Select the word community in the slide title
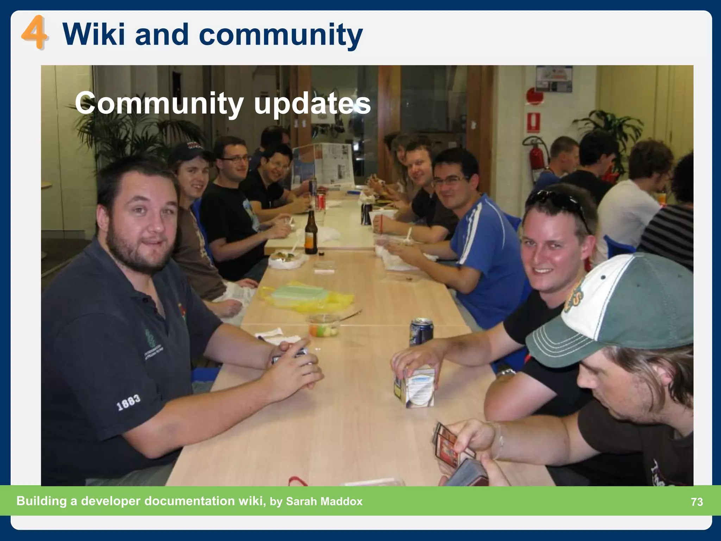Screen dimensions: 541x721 click(281, 35)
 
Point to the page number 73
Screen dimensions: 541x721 click(697, 502)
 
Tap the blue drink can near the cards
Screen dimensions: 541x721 click(421, 331)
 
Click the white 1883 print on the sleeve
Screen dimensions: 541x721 click(128, 402)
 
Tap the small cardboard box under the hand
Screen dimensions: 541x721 click(415, 387)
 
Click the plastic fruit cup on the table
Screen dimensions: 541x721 click(323, 327)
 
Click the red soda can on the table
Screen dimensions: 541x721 click(320, 201)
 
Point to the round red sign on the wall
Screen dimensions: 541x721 click(535, 96)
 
